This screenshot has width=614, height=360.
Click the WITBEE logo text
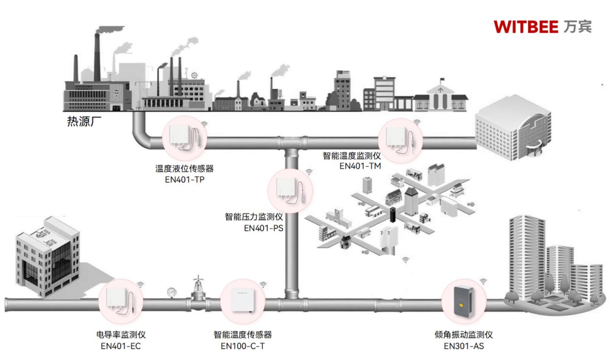[527, 26]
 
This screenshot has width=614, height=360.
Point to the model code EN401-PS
[263, 227]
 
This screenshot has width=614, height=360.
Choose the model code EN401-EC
[121, 346]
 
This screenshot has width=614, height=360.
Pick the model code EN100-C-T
[242, 346]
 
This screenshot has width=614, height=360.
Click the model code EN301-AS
[464, 346]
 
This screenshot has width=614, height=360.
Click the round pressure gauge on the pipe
[172, 292]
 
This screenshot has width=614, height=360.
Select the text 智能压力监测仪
[254, 216]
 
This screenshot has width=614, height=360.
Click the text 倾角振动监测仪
[464, 335]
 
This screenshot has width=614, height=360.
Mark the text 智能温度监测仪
[352, 156]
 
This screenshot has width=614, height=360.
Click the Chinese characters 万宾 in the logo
[578, 26]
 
